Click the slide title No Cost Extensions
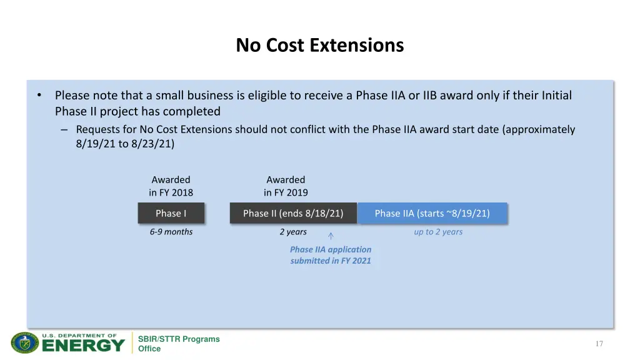[x=319, y=46]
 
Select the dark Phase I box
[x=171, y=214]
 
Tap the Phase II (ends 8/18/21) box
[x=293, y=214]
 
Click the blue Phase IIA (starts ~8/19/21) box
[x=432, y=214]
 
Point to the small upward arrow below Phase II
[x=331, y=236]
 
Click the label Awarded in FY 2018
[x=171, y=186]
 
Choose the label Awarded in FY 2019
[x=286, y=186]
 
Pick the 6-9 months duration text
[x=171, y=232]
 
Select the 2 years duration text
[x=293, y=232]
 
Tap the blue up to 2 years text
[x=438, y=232]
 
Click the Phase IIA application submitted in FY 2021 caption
[x=331, y=255]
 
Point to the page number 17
[x=599, y=344]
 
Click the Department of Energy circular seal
[x=25, y=343]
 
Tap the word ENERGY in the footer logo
[x=83, y=346]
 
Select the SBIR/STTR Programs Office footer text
[x=179, y=344]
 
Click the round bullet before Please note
[x=39, y=96]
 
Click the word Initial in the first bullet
[x=556, y=96]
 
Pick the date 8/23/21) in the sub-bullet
[x=153, y=144]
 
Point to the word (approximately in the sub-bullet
[x=538, y=129]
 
